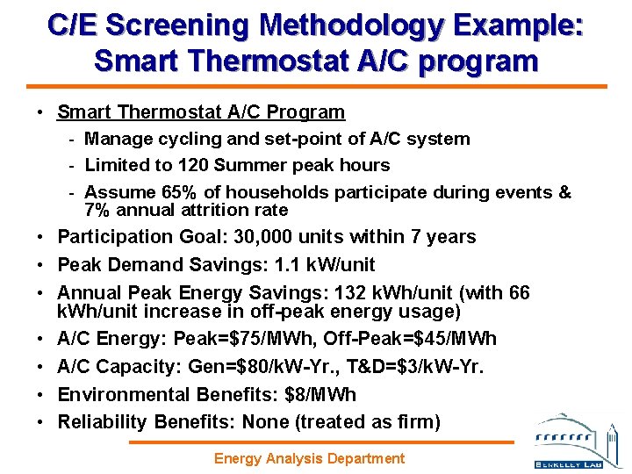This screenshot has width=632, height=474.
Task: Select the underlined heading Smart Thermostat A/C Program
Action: pyautogui.click(x=201, y=112)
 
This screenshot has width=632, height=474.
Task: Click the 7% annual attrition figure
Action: pyautogui.click(x=97, y=210)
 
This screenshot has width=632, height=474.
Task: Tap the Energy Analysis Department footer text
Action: pyautogui.click(x=310, y=458)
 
